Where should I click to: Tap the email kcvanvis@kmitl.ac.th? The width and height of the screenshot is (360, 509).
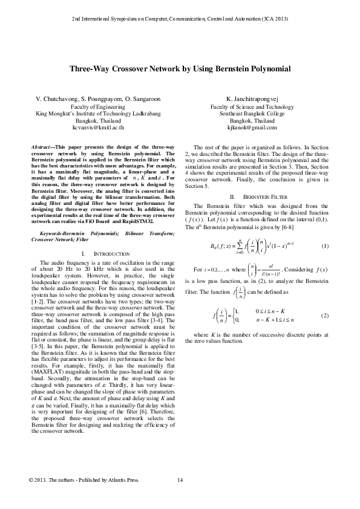[98, 128]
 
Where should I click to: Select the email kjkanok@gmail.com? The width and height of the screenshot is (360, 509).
[252, 128]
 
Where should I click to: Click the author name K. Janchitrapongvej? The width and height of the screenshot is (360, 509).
[252, 98]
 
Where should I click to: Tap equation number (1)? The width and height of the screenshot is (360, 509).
[324, 245]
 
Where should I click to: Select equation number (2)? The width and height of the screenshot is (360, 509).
[324, 316]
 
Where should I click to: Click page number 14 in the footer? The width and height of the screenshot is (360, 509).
[180, 480]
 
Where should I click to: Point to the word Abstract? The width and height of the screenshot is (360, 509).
[42, 148]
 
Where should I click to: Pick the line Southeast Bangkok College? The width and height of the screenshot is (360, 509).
[252, 113]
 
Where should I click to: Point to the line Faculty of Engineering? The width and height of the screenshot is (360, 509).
[98, 106]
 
